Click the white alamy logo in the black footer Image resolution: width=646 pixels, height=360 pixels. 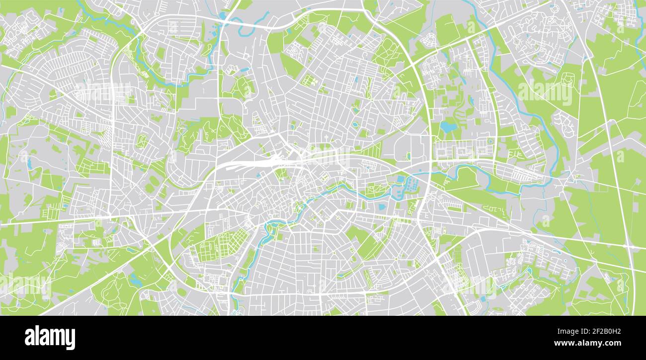pyautogui.click(x=50, y=338)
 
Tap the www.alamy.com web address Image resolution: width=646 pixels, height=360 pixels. pyautogui.click(x=589, y=343)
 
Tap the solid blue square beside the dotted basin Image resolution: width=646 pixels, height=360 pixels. pyautogui.click(x=400, y=179)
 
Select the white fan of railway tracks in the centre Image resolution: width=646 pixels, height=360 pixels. pyautogui.click(x=258, y=162)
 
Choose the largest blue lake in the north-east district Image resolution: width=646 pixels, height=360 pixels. pyautogui.click(x=448, y=127)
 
